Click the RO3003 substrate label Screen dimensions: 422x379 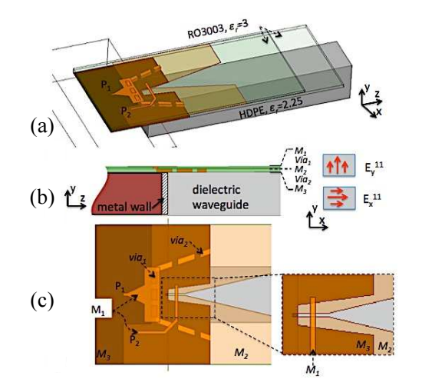click(x=218, y=30)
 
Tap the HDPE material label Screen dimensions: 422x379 click(x=271, y=108)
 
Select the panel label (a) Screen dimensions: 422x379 click(x=42, y=127)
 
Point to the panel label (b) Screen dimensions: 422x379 click(x=42, y=198)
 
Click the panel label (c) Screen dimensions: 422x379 click(x=42, y=301)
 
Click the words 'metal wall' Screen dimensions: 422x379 click(x=124, y=207)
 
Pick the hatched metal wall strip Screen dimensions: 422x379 click(x=164, y=194)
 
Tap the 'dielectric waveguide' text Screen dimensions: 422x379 click(x=220, y=198)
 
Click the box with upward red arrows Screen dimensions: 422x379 click(x=339, y=165)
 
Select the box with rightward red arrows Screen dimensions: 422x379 click(x=339, y=198)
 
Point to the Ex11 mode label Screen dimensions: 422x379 click(x=372, y=200)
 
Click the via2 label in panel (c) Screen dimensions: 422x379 click(x=179, y=241)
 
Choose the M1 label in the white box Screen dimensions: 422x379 click(x=98, y=311)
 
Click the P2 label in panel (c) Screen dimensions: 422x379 click(x=134, y=339)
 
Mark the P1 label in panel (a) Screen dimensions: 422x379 click(x=106, y=86)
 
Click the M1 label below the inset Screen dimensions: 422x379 click(x=313, y=370)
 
